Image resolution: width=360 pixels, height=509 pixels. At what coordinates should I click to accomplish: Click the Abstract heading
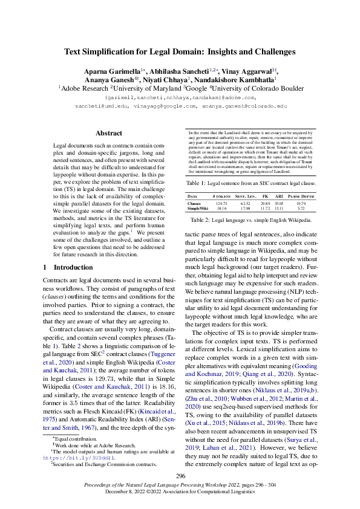point(109,133)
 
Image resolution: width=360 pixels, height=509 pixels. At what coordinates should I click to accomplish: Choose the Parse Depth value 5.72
point(301,209)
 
